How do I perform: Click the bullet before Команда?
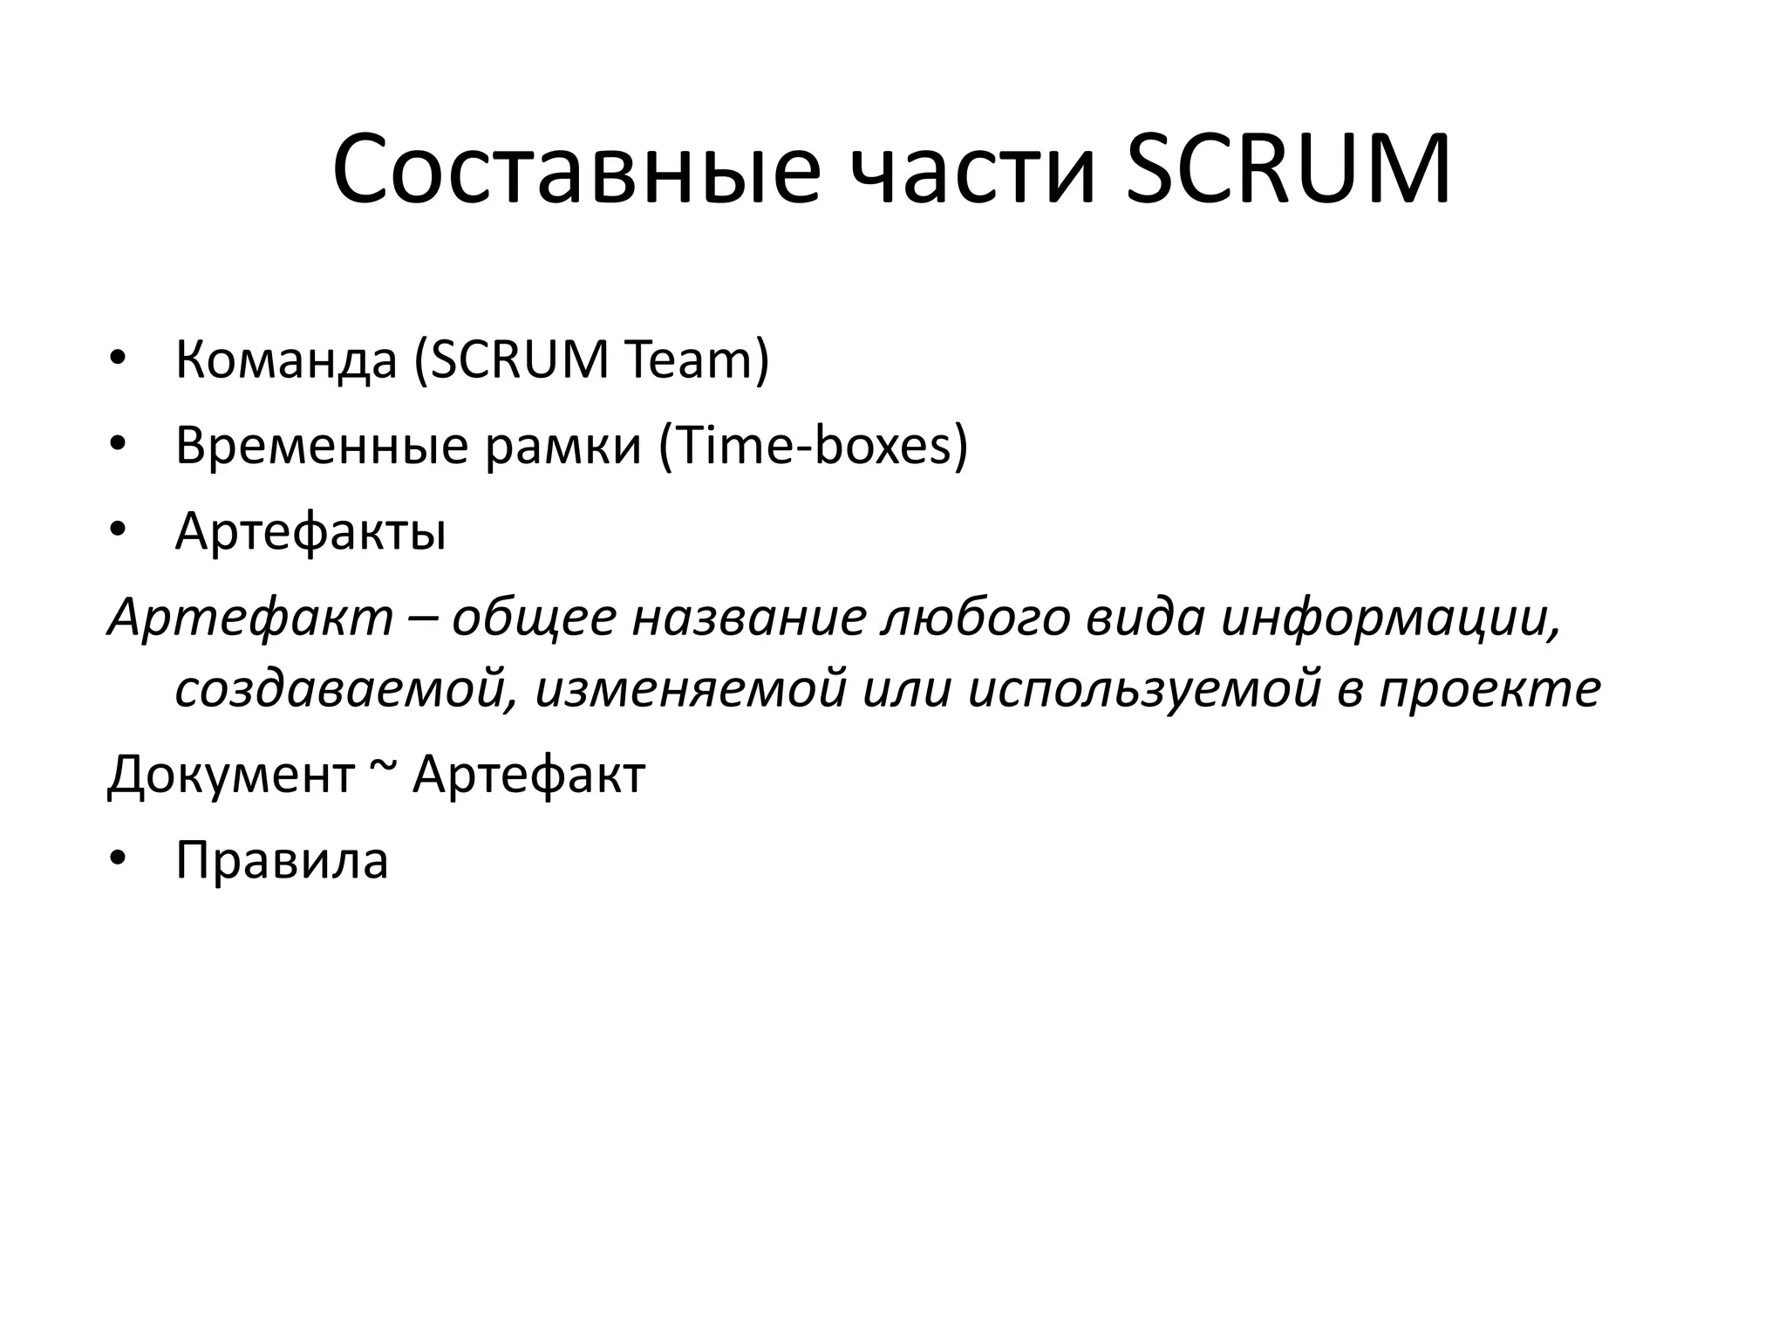119,359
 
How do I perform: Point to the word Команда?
286,359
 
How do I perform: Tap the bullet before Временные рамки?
119,444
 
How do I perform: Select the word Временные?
322,444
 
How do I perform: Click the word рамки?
563,446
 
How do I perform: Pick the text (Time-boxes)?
814,444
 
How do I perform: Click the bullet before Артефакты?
119,530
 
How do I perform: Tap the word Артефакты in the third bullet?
310,530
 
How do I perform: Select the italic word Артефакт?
251,618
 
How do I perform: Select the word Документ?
231,774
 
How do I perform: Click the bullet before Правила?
119,859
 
